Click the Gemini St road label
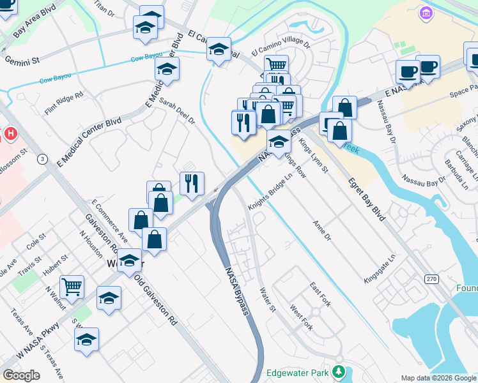22,59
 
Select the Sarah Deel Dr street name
177,110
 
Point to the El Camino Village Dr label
280,48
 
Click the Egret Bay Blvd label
366,199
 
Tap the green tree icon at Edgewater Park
338,372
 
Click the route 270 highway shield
431,279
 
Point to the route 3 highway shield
42,159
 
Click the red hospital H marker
10,133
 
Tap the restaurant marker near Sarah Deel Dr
192,184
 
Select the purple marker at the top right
426,12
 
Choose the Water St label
266,299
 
